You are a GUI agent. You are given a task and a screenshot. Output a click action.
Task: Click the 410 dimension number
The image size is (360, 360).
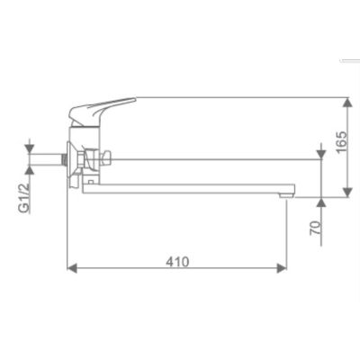(177, 262)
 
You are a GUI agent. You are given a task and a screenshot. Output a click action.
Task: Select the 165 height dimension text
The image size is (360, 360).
(342, 141)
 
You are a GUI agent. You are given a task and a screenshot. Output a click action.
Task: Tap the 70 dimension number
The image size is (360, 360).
(315, 228)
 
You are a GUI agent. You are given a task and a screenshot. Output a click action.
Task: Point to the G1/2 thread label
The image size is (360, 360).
(24, 198)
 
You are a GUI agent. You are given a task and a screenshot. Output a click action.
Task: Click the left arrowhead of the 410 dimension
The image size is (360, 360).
(72, 268)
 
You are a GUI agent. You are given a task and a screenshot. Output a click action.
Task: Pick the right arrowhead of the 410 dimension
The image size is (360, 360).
(282, 268)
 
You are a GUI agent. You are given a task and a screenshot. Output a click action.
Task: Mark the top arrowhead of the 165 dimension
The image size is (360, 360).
(347, 103)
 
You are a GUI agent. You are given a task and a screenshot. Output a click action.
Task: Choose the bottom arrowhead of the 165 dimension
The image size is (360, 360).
(347, 193)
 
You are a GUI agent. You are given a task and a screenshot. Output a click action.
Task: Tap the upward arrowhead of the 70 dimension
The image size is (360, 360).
(321, 202)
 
